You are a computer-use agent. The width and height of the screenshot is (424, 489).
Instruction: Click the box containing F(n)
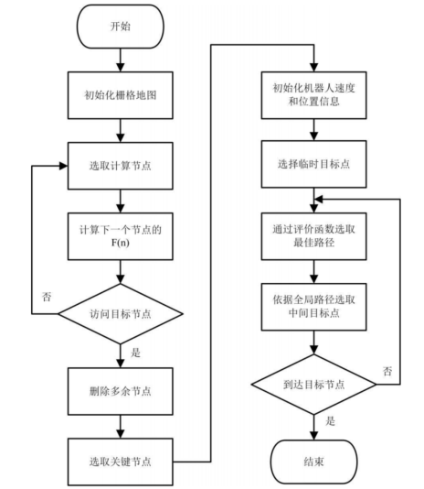tap(120, 235)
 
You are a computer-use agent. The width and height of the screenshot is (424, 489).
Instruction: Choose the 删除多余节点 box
tap(120, 390)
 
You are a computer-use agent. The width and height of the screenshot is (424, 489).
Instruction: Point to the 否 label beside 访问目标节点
tap(46, 297)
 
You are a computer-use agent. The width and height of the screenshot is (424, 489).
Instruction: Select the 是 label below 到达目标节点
tap(330, 423)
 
